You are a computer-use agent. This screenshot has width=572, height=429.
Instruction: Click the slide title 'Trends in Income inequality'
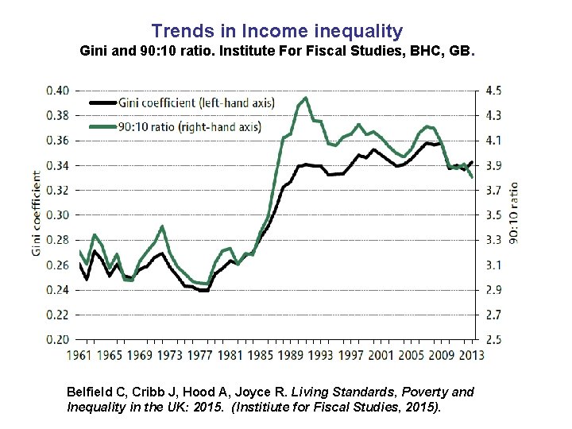point(277,32)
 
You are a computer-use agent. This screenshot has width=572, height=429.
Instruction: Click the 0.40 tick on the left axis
point(57,91)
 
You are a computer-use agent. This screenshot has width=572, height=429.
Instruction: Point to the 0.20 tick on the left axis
point(57,339)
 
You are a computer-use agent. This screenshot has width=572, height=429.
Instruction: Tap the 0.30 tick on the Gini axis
point(57,215)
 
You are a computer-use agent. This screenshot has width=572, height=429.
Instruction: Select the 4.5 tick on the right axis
point(493,91)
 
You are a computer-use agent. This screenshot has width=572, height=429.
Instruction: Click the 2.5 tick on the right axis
point(493,339)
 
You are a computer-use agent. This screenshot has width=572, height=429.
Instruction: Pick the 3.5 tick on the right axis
point(493,215)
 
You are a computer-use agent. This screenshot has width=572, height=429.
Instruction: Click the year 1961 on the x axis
point(79,354)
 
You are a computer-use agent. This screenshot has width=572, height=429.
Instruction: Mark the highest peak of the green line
point(306,99)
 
